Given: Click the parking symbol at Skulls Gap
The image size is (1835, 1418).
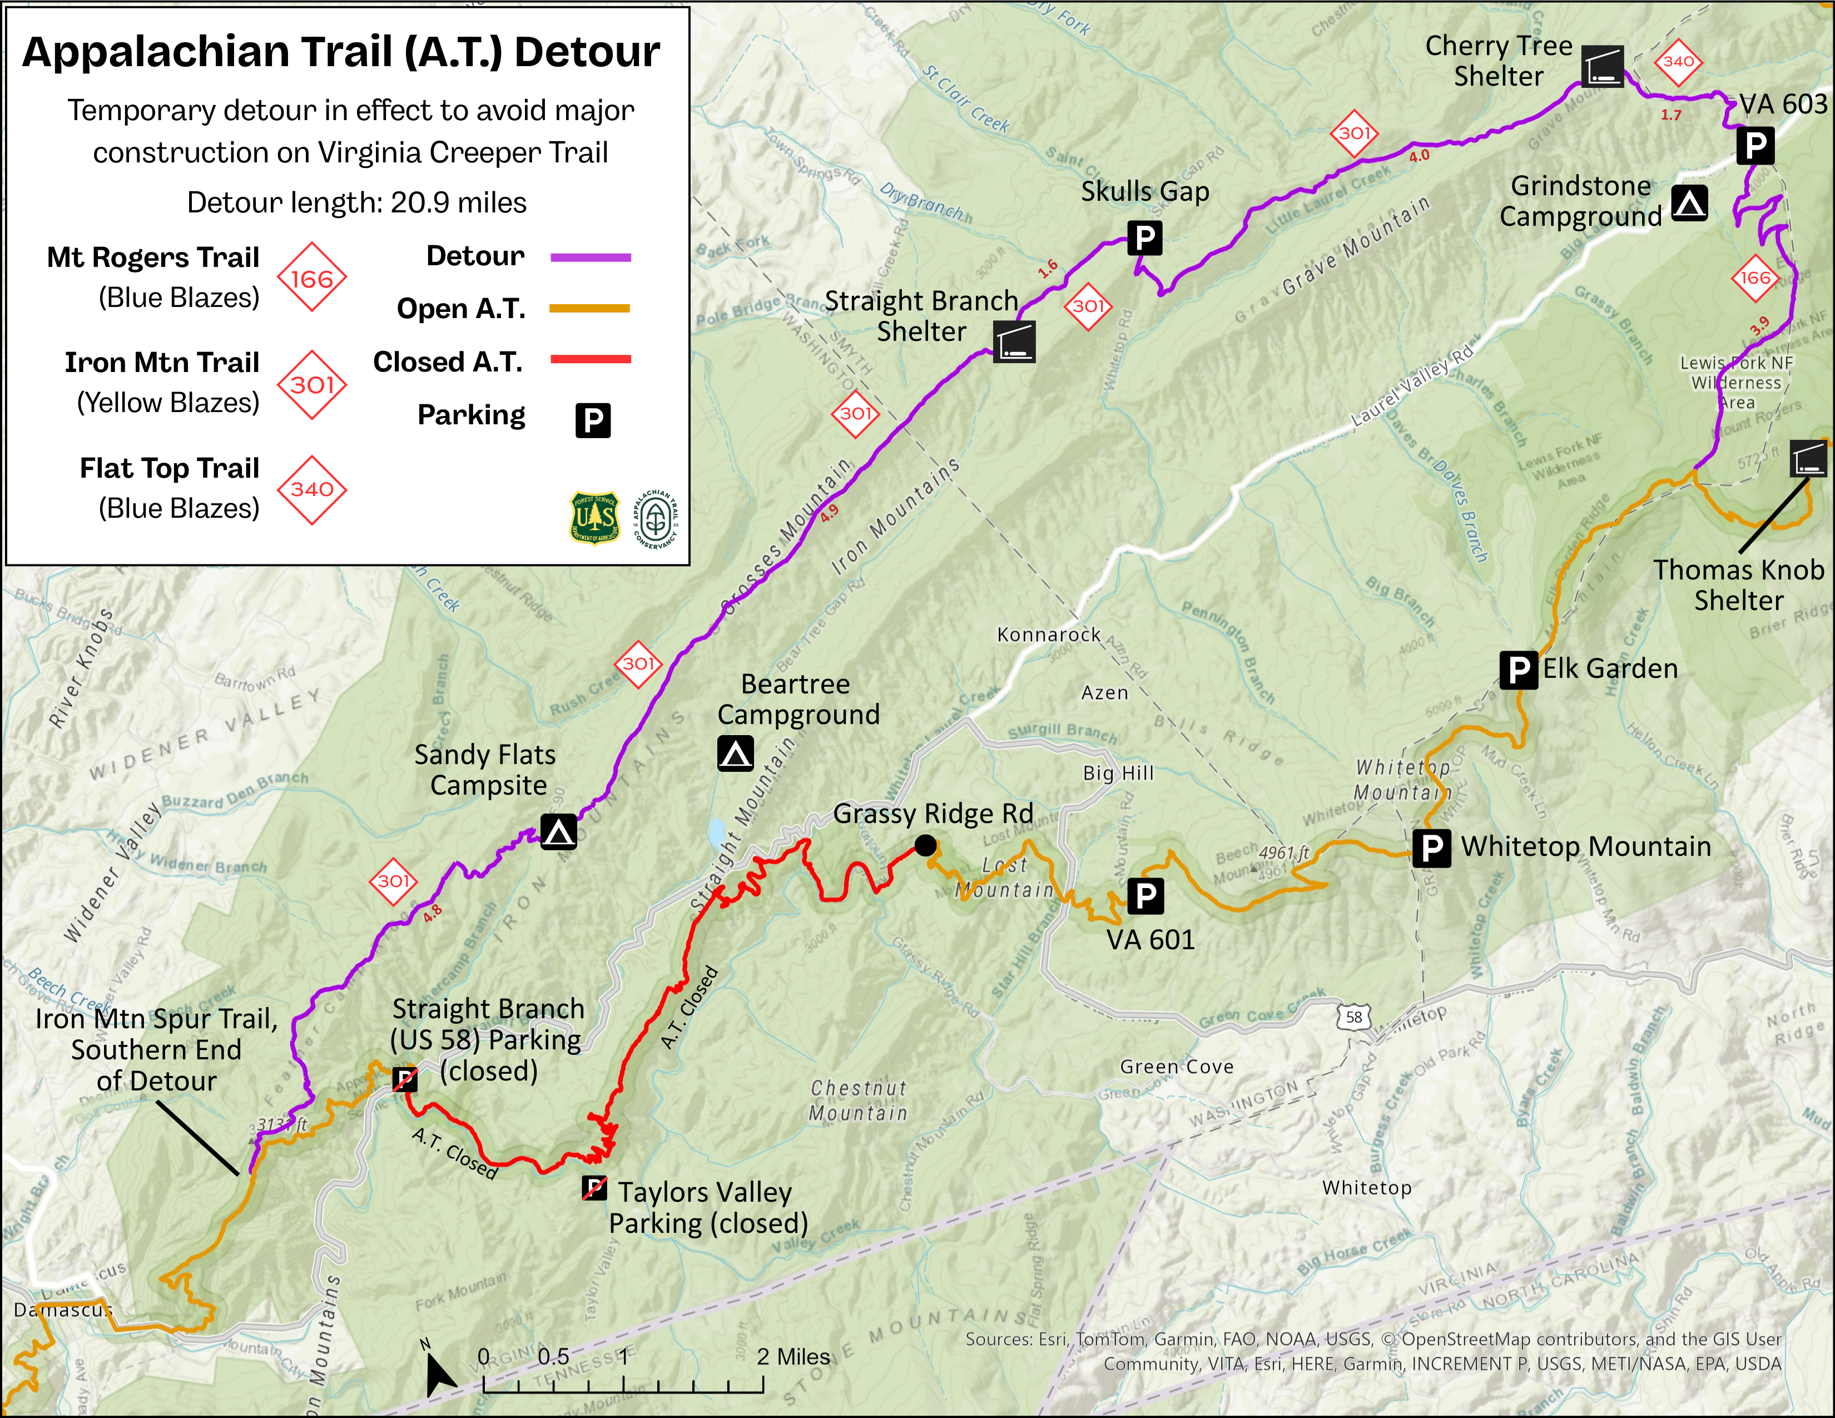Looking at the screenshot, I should [x=1144, y=239].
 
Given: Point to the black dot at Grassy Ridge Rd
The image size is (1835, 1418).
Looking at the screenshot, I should [x=925, y=846].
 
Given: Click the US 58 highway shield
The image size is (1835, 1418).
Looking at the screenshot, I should [x=1353, y=1017].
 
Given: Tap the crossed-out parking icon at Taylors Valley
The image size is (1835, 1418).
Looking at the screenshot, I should [x=594, y=1188].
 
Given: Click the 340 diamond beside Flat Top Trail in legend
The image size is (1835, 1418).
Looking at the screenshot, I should [x=312, y=490].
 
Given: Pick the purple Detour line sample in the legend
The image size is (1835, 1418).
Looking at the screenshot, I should [x=590, y=257].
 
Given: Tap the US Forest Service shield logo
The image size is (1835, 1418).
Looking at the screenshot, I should [x=595, y=518].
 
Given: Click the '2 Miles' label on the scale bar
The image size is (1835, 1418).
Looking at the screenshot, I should [x=792, y=1357].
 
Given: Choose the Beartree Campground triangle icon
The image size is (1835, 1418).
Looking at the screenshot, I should [x=735, y=753].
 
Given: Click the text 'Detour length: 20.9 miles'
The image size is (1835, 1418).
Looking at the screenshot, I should [x=356, y=202].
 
